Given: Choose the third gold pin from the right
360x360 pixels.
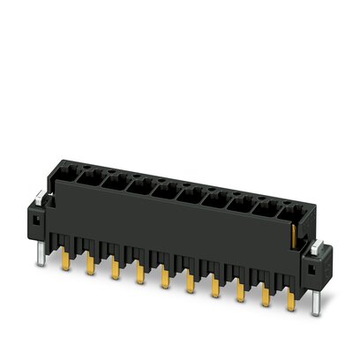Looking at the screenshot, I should click(x=241, y=293).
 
